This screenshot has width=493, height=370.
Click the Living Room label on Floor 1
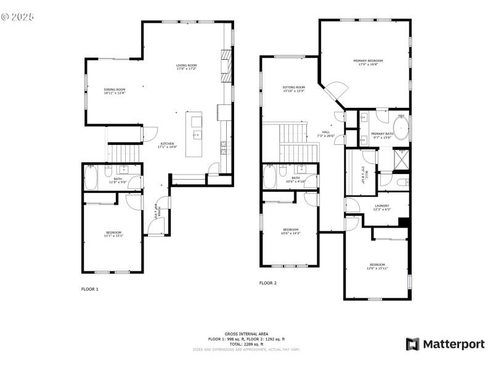[x=186, y=67]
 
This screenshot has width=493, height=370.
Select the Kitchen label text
[x=168, y=145]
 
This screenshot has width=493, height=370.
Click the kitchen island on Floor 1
[x=197, y=134]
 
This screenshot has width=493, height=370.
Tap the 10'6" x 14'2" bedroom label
[x=290, y=231]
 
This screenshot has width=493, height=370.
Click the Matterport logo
[x=445, y=344]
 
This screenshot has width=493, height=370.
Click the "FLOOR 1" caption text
[x=90, y=289]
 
